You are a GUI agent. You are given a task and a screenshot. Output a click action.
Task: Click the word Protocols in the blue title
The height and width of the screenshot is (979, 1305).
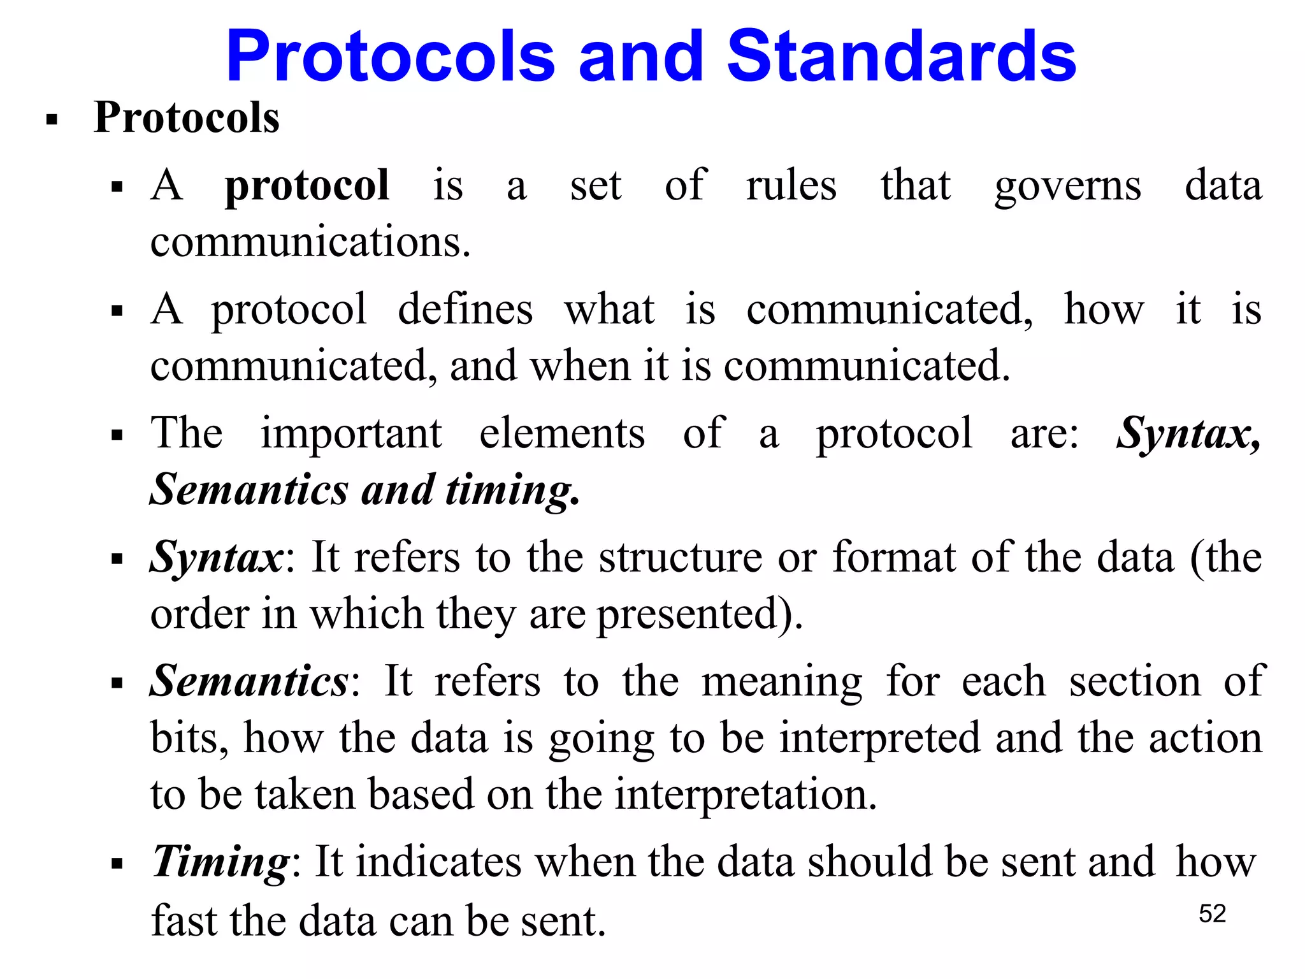pyautogui.click(x=391, y=57)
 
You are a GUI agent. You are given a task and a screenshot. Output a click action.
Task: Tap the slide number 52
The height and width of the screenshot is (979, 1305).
pyautogui.click(x=1212, y=913)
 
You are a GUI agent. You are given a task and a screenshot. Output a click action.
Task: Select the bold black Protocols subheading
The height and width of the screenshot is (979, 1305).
pyautogui.click(x=186, y=118)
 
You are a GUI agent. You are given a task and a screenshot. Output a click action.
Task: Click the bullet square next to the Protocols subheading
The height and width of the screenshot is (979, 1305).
pyautogui.click(x=52, y=119)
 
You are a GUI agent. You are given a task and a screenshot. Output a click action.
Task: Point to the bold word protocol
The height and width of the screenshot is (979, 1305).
pyautogui.click(x=306, y=186)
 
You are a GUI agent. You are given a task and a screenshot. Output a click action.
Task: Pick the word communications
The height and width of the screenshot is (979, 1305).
pyautogui.click(x=310, y=242)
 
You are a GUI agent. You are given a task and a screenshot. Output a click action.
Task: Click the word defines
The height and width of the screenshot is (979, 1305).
pyautogui.click(x=465, y=309)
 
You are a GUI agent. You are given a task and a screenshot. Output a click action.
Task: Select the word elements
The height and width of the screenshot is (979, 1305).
pyautogui.click(x=561, y=433)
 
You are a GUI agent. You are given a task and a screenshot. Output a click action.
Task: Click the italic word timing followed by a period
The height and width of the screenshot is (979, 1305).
pyautogui.click(x=512, y=491)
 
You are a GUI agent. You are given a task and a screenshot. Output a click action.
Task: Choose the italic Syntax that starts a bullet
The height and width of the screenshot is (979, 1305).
pyautogui.click(x=216, y=558)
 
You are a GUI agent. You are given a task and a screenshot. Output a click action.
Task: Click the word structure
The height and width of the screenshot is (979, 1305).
pyautogui.click(x=680, y=558)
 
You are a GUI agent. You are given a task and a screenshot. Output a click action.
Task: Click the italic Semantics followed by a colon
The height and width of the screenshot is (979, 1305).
pyautogui.click(x=249, y=681)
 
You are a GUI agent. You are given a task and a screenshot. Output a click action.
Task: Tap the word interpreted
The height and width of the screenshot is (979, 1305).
pyautogui.click(x=880, y=739)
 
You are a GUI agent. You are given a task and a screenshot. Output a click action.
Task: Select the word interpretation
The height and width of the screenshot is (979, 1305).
pyautogui.click(x=746, y=795)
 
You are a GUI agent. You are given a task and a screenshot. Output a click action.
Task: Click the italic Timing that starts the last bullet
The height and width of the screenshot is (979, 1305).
pyautogui.click(x=221, y=862)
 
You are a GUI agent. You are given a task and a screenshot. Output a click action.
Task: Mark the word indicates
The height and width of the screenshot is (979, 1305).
pyautogui.click(x=438, y=862)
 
